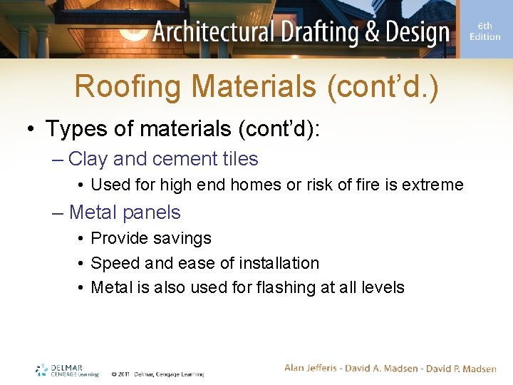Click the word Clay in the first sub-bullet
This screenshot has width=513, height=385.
[87, 159]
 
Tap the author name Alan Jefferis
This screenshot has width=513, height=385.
[311, 368]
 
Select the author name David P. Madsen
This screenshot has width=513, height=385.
[460, 368]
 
